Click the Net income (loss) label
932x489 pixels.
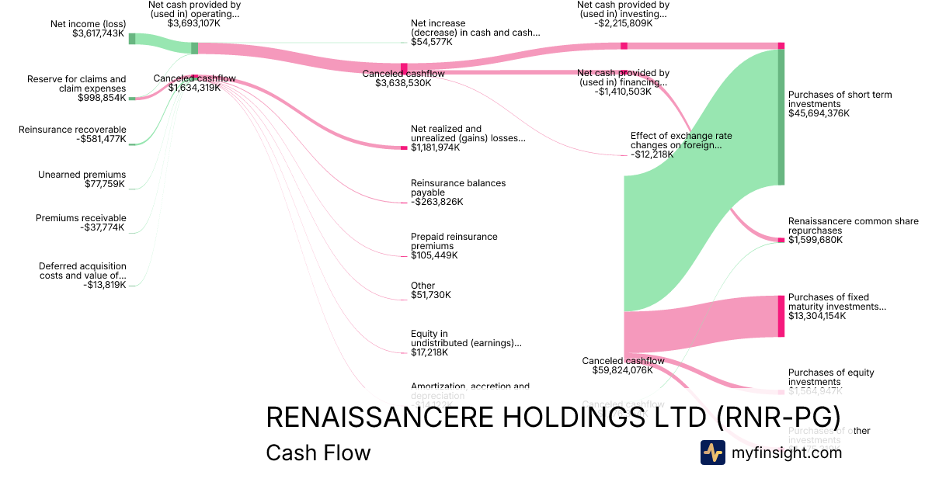click(88, 24)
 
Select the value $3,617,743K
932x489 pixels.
click(99, 34)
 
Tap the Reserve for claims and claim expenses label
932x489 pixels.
click(76, 84)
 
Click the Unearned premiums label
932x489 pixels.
click(82, 175)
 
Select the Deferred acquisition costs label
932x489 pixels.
click(82, 271)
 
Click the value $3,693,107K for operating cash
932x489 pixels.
click(193, 24)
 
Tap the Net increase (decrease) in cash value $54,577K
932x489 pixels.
click(431, 42)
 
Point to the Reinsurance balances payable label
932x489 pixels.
click(458, 188)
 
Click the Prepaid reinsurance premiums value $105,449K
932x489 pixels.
click(434, 255)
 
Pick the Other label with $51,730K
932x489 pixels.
click(423, 286)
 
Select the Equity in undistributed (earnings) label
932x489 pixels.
click(466, 338)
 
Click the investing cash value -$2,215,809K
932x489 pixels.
click(623, 24)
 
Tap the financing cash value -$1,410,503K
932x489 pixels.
click(623, 92)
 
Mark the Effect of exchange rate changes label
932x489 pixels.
click(681, 140)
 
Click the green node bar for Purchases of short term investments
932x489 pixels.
click(781, 116)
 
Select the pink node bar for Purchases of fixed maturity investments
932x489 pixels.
click(781, 316)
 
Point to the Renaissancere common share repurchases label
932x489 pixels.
click(853, 226)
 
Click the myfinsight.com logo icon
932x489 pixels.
click(713, 453)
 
